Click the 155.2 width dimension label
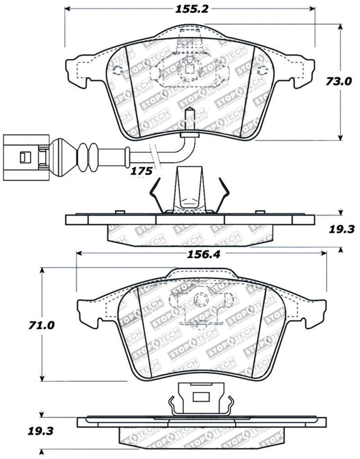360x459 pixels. coord(189,8)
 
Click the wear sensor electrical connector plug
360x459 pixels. coord(22,156)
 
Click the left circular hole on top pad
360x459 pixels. coord(117,71)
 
